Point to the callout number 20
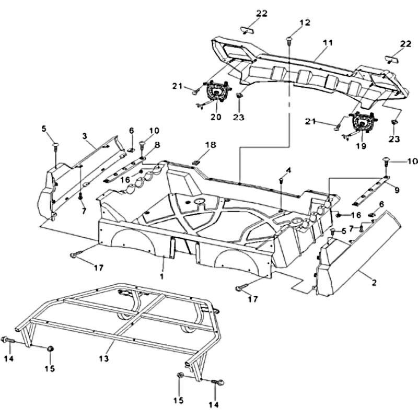[x=216, y=117]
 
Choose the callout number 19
[x=361, y=146]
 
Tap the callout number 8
[x=156, y=144]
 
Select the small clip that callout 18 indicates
[x=197, y=161]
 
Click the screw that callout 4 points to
[x=281, y=180]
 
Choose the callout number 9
[x=397, y=190]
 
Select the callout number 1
[x=162, y=275]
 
